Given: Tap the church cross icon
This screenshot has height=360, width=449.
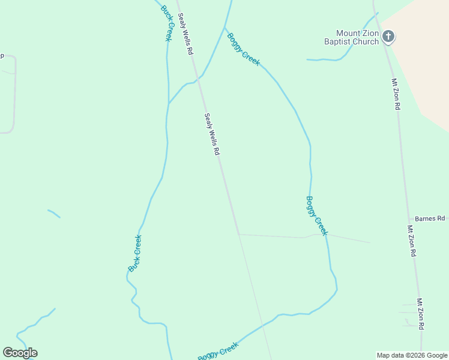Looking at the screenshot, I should pos(388,37).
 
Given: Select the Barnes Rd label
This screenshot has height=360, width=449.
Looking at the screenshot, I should pos(430,218).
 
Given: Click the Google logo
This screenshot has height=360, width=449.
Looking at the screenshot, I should pos(20,353).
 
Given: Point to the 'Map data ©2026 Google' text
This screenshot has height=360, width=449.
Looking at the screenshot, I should pos(412,355).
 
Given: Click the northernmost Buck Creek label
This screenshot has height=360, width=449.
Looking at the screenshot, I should pos(166,23).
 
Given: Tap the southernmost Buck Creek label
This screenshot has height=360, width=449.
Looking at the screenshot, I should pos(135,253).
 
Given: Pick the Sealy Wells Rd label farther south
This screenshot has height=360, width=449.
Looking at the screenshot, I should pos(211,135).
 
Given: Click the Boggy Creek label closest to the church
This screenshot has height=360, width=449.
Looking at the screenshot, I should pos(243,49).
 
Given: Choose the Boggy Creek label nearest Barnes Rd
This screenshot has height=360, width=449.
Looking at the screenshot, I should pos(317,215).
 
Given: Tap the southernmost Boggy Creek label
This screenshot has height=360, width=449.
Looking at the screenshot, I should pos(218,351).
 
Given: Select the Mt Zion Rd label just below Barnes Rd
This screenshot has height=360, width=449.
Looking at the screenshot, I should pos(412,241).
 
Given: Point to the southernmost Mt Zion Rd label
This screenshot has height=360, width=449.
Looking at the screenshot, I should pos(421,314).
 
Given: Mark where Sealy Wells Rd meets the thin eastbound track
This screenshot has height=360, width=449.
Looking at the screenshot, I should pos(239,234).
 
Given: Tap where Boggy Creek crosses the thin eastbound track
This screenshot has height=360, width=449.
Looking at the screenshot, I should pos(325,234).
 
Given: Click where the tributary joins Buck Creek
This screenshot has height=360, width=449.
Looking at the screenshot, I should pos(168,103).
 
